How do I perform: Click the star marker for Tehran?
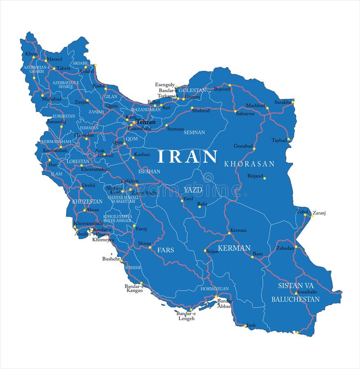(134, 122)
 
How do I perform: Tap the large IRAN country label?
(187, 156)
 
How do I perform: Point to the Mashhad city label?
(255, 106)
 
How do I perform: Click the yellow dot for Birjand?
(265, 177)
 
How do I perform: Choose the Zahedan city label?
(285, 248)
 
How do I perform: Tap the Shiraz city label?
(144, 243)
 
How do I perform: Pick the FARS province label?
(165, 249)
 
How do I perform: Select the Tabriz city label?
(63, 68)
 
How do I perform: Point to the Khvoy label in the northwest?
(31, 54)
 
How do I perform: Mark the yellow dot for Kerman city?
(229, 233)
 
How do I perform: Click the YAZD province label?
(193, 190)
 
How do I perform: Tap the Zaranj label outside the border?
(319, 213)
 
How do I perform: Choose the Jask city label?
(251, 325)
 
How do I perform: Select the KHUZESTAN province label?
(87, 201)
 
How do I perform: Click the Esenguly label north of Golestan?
(165, 84)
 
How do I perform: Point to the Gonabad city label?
(243, 146)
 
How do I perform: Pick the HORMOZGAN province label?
(215, 288)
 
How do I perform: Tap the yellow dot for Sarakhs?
(292, 102)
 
